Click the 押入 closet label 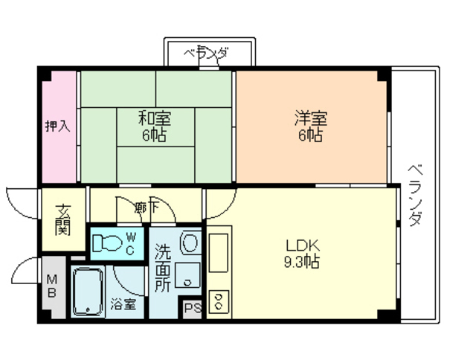58,126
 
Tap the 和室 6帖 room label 155,126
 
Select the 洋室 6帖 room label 311,126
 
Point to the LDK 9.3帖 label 303,254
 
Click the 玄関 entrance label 62,220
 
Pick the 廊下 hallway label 147,208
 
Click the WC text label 131,243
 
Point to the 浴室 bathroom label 123,304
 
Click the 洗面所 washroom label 163,268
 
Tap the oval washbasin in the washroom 190,242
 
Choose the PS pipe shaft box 193,309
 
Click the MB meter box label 52,286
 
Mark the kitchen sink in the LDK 218,253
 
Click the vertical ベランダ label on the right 415,196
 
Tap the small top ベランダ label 206,54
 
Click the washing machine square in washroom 187,275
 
